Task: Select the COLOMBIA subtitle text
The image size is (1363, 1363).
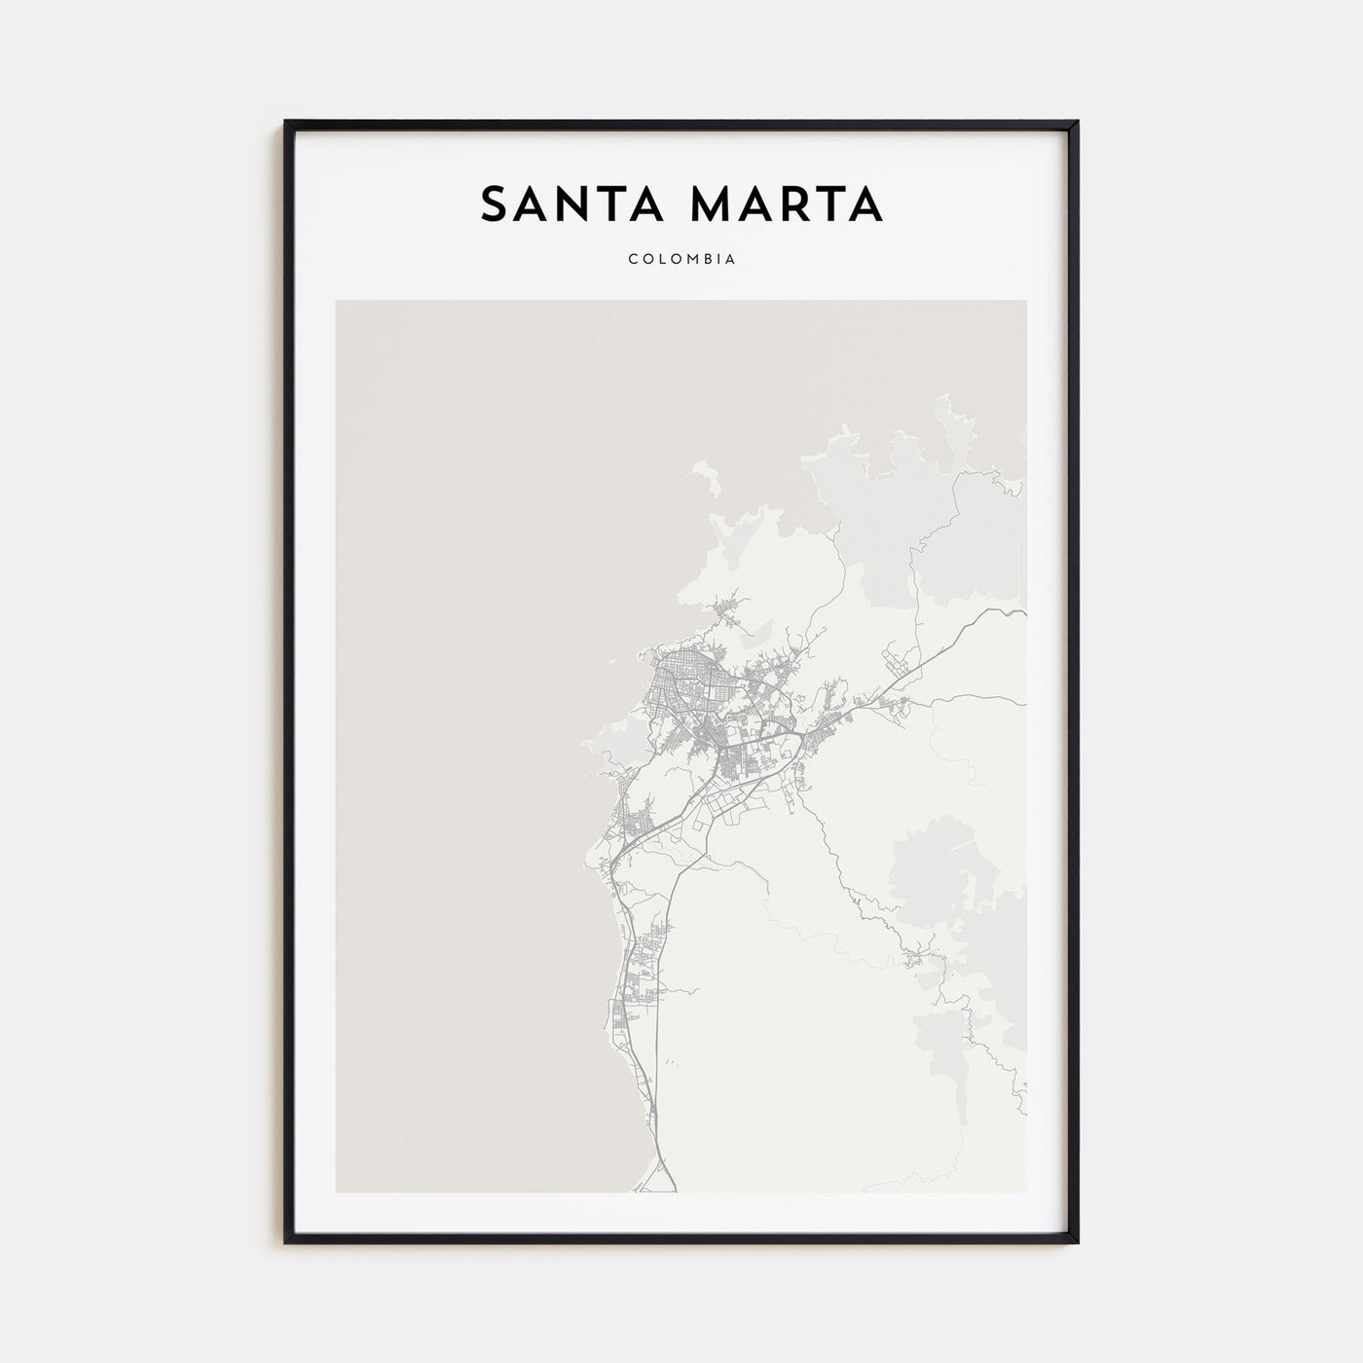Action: pyautogui.click(x=681, y=260)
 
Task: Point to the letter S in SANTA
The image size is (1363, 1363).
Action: pyautogui.click(x=495, y=204)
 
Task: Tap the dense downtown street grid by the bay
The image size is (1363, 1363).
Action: pyautogui.click(x=681, y=681)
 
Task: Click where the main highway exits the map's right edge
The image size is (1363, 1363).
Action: pyautogui.click(x=1023, y=613)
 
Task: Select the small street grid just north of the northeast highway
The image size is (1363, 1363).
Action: pyautogui.click(x=897, y=667)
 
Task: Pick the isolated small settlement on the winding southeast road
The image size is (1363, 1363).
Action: pyautogui.click(x=917, y=959)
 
